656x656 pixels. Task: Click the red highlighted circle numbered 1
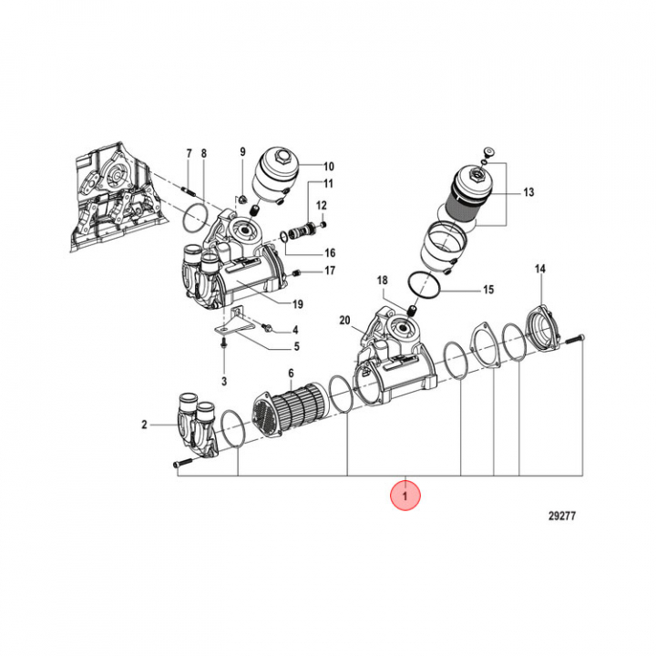(405, 497)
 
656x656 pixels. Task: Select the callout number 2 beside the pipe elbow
(144, 425)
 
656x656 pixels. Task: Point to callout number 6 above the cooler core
(291, 373)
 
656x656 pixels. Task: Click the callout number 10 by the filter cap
(329, 167)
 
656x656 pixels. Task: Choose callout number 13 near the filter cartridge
(528, 192)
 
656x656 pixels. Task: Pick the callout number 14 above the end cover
(539, 270)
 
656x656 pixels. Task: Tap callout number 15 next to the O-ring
(488, 290)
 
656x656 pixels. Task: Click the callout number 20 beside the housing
(344, 320)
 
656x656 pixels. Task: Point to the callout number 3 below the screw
(223, 380)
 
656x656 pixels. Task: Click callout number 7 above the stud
(189, 152)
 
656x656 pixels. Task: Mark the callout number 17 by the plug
(330, 271)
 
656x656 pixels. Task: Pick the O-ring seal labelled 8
(195, 219)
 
